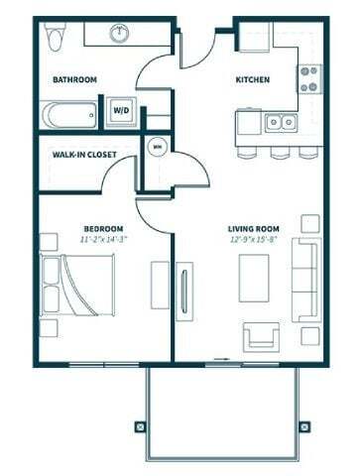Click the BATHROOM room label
pos(74,79)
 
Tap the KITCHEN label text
pos(252,79)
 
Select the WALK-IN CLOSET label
pos(86,154)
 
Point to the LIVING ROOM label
pos(251,228)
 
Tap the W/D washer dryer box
pos(122,111)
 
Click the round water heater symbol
pos(157,147)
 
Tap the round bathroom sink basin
pos(120,33)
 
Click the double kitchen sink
pos(281,123)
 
